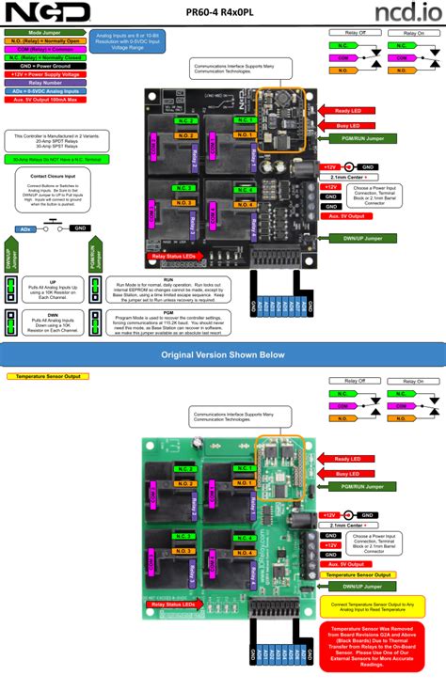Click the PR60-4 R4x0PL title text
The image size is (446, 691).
[223, 11]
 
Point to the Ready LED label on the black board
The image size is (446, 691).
[348, 110]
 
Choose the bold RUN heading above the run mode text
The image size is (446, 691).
[167, 278]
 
